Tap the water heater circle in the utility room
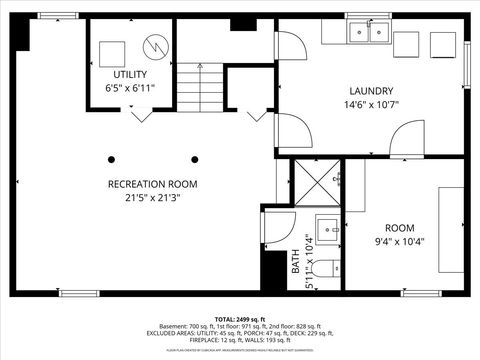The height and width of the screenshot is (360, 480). point(155,45)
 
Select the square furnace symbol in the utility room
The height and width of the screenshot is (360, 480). point(112,51)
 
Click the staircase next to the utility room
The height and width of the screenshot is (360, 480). point(200,85)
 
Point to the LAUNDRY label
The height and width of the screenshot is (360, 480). point(371,90)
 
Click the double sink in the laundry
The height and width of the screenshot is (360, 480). point(368,33)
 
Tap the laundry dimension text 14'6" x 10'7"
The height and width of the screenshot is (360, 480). point(371,104)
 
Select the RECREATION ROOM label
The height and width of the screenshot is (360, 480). point(153,184)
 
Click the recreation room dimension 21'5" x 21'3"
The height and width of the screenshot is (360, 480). point(153,198)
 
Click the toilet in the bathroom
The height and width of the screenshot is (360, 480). point(326,268)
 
